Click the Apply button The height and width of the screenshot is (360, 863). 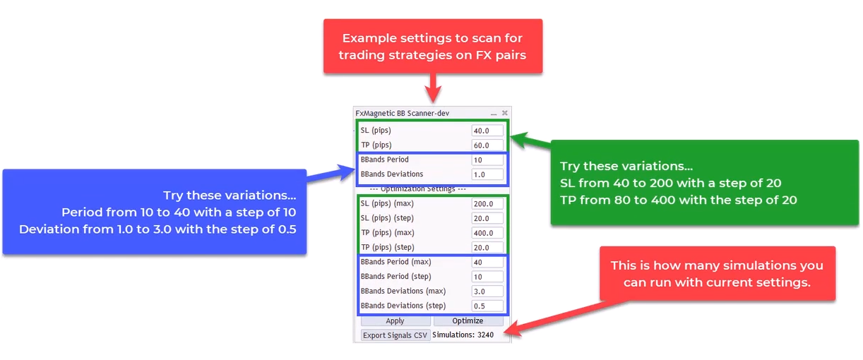[x=395, y=320]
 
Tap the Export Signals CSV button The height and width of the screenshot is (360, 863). [x=395, y=335]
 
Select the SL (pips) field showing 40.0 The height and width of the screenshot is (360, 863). [x=487, y=131]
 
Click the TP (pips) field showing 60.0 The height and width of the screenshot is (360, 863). [x=487, y=145]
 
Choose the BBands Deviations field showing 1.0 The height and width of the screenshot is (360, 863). [x=487, y=174]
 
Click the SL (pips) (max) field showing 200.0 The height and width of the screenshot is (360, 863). [x=487, y=204]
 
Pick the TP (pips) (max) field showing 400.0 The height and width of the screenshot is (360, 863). [x=487, y=233]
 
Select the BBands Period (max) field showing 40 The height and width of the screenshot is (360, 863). [x=487, y=262]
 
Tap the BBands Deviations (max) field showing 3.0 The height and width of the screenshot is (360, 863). [x=487, y=292]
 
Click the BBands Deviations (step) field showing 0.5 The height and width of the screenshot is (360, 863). [x=487, y=306]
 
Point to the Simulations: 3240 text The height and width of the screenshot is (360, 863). [x=463, y=335]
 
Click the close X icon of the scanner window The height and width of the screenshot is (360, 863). [x=505, y=113]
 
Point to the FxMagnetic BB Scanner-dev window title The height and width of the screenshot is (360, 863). [x=403, y=113]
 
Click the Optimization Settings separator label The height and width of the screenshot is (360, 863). [x=417, y=188]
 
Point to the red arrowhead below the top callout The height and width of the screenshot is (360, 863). [x=433, y=94]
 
